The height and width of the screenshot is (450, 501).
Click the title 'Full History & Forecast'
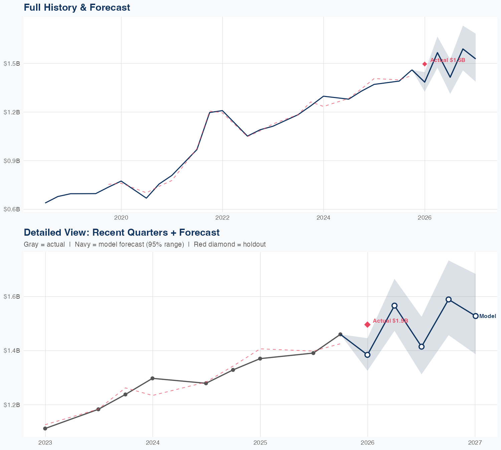tap(77, 7)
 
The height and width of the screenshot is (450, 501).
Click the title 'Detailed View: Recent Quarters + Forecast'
tap(122, 232)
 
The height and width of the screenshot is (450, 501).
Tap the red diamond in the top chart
tap(425, 64)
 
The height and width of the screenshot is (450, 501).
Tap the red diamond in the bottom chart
tap(367, 325)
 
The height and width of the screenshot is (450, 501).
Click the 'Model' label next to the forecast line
tap(488, 316)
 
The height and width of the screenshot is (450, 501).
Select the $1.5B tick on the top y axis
tap(12, 63)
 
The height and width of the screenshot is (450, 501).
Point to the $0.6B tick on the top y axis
tap(12, 209)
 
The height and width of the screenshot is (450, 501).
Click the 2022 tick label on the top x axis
tap(222, 218)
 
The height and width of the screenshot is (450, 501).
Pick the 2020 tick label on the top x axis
tap(121, 218)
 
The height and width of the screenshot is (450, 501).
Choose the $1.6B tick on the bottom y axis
tap(12, 296)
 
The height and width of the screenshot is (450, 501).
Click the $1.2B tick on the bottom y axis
tap(12, 405)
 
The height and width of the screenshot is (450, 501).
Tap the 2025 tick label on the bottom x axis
tap(260, 443)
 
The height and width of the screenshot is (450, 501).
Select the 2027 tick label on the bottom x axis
tap(475, 443)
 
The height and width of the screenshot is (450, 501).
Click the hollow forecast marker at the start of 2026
tap(367, 355)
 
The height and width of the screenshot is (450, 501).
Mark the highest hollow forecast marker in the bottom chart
tap(449, 299)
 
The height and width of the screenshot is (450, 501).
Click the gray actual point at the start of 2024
tap(152, 378)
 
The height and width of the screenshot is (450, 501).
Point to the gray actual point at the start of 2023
tap(45, 428)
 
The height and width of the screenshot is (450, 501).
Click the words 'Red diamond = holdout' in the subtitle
tap(229, 244)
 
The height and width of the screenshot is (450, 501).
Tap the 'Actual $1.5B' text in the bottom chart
tap(390, 321)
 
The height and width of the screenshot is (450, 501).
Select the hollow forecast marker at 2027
tap(475, 316)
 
